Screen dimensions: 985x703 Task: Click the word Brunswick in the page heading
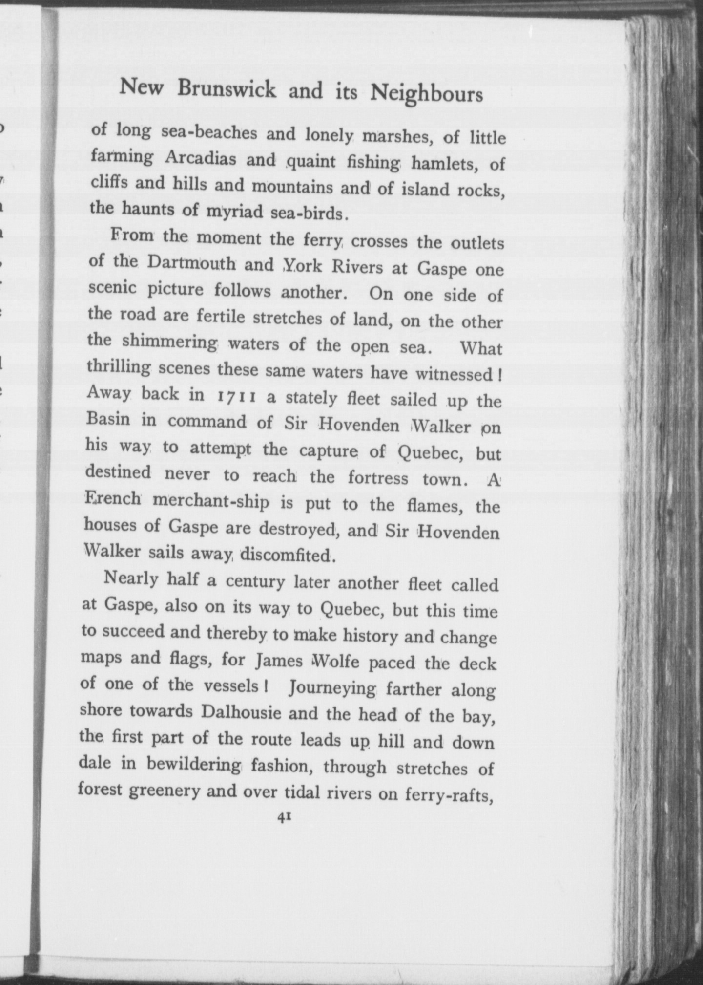(x=227, y=89)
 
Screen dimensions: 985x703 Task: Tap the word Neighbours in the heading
(x=427, y=93)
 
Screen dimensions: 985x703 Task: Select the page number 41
(x=284, y=818)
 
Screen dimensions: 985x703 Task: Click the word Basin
(x=108, y=420)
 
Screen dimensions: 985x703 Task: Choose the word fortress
(x=378, y=477)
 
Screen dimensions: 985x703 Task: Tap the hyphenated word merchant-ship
(x=211, y=502)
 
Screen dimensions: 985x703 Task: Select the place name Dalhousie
(x=241, y=712)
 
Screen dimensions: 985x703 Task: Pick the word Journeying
(x=332, y=688)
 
